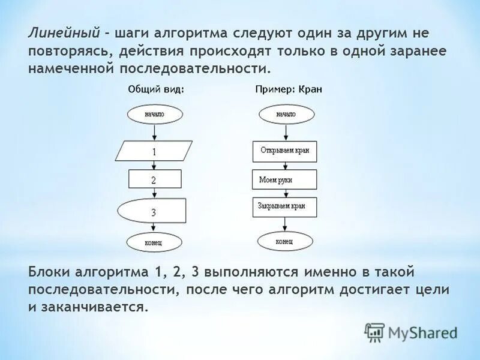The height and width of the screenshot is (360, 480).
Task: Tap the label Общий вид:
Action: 155,89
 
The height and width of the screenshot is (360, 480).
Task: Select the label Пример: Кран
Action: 289,89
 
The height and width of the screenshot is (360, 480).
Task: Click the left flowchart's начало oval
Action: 154,113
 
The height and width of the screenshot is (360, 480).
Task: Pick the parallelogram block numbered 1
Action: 154,151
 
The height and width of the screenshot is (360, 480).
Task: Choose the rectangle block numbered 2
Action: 154,179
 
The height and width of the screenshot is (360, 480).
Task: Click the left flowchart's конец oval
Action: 154,242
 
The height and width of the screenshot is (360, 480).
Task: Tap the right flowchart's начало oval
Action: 286,113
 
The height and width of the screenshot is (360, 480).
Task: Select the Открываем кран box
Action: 285,151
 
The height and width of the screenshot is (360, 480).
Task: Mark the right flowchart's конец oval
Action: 285,241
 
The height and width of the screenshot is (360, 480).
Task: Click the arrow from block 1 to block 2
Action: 154,166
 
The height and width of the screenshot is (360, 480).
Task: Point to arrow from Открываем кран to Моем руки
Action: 285,166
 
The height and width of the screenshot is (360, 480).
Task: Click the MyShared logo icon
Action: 375,331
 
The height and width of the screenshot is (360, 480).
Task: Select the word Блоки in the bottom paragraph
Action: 49,272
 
